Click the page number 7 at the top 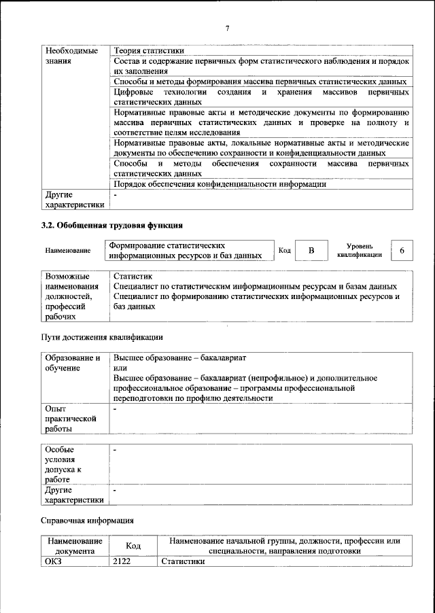click(228, 27)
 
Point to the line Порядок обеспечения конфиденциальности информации click(220, 183)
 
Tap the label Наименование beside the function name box click(68, 251)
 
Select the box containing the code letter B click(311, 251)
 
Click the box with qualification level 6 click(402, 251)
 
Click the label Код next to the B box click(285, 251)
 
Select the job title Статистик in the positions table click(133, 277)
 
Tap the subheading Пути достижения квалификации click(101, 337)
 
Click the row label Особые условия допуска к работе click(63, 464)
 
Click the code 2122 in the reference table click(122, 561)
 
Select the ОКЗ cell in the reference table click(54, 561)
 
